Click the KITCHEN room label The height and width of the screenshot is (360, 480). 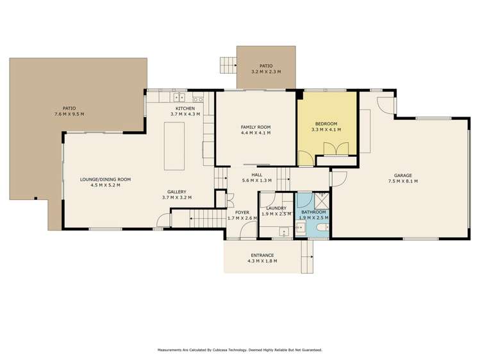(185, 108)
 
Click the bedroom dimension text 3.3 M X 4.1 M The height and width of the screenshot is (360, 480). (326, 129)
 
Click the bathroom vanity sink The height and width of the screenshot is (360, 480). (301, 228)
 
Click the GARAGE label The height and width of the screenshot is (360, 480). (402, 176)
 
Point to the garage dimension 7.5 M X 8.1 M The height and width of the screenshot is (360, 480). (402, 182)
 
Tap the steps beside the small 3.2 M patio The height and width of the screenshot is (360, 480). (228, 65)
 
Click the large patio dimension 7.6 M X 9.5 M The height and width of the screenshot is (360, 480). (69, 114)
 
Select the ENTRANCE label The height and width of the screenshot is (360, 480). (262, 256)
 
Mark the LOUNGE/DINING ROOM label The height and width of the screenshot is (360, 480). (106, 179)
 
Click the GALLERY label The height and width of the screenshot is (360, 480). (177, 192)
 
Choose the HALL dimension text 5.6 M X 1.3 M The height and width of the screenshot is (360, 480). (256, 180)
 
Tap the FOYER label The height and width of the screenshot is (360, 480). (242, 212)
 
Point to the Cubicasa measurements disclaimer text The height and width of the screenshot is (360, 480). (240, 350)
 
